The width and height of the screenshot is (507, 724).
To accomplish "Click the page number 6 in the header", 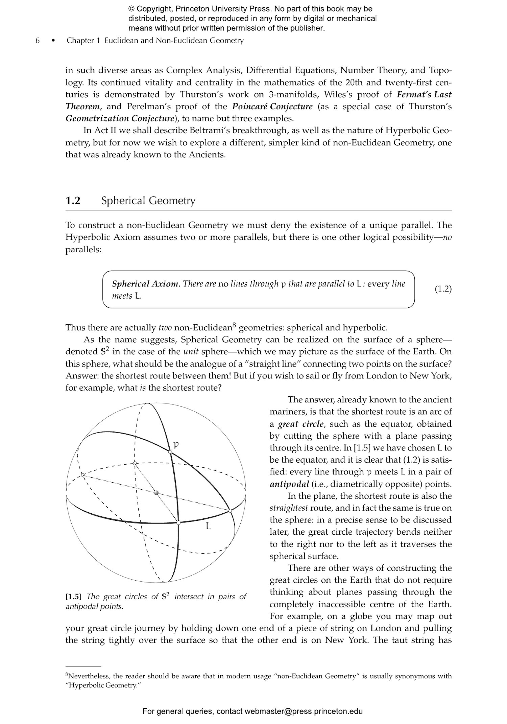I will pos(38,41).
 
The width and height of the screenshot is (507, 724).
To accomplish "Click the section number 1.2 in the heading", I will pos(73,201).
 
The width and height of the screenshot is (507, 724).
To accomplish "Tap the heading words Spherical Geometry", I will pos(148,201).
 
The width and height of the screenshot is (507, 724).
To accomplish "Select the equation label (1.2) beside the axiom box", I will pos(443,289).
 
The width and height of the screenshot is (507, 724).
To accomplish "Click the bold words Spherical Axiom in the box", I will pos(146,284).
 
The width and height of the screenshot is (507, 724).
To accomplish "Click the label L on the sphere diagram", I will pos(209,526).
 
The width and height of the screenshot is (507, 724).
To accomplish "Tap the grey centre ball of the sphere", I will pos(156,493).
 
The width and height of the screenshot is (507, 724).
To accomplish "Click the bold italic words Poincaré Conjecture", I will pos(272,107).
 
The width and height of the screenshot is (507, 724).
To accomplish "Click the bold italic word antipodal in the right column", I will pos(289,484).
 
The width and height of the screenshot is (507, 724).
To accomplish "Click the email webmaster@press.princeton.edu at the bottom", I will pos(304,711).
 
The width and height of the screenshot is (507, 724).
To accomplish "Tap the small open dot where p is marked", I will pos(170,451).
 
